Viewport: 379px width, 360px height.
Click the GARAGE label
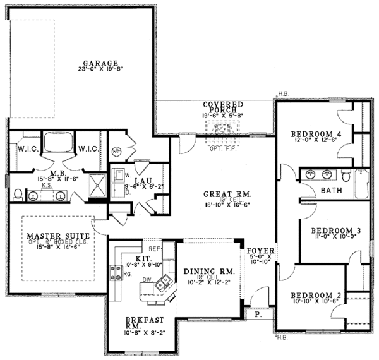pyautogui.click(x=100, y=63)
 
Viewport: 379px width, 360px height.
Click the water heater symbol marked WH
pyautogui.click(x=117, y=152)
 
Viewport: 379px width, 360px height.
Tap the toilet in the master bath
pyautogui.click(x=18, y=193)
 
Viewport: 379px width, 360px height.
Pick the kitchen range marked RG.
pyautogui.click(x=117, y=273)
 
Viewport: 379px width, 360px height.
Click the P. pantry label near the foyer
pyautogui.click(x=258, y=313)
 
